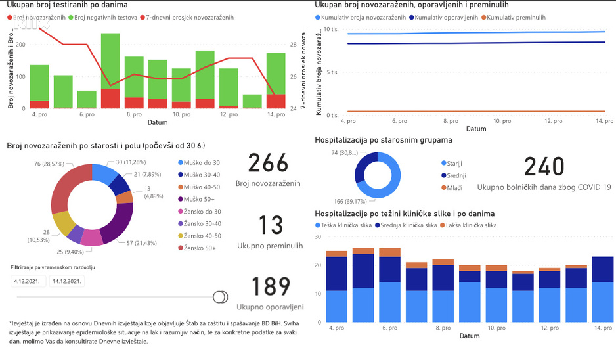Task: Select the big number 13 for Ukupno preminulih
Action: click(269, 225)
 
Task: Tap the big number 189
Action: click(271, 287)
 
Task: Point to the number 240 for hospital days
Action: click(544, 167)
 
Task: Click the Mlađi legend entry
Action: click(453, 188)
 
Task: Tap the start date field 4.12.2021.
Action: click(28, 281)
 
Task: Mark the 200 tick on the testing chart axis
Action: click(20, 45)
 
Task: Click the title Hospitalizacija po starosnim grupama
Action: click(383, 140)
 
